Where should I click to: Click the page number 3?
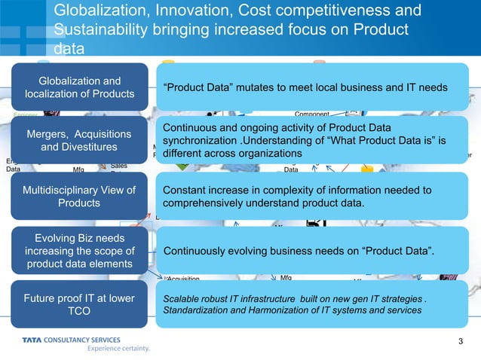(461, 344)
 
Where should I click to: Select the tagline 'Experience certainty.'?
(119, 349)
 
